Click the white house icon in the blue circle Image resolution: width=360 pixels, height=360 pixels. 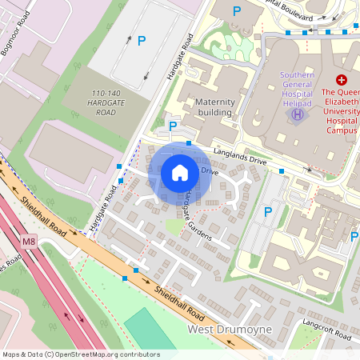(180, 172)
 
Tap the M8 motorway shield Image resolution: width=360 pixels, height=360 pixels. (30, 241)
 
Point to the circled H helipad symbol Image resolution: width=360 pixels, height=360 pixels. (298, 115)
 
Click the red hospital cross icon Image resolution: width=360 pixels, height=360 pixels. (342, 80)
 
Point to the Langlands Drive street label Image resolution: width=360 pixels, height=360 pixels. (240, 158)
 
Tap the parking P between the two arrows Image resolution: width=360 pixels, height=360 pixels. (142, 40)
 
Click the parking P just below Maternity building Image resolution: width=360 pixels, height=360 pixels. (172, 126)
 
